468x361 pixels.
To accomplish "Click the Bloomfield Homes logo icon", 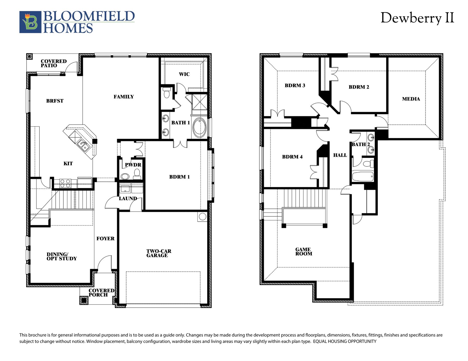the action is [30, 22].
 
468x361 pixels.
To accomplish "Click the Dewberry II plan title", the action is [417, 18].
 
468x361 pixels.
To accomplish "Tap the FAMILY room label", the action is [124, 97].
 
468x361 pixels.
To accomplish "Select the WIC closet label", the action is [184, 74].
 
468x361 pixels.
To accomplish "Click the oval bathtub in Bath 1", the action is [199, 128].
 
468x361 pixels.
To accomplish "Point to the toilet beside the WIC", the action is [167, 93].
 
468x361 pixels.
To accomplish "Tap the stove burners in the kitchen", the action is [65, 183].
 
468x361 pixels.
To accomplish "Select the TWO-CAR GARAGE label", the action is [159, 253].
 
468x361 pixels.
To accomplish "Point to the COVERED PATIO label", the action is [54, 63].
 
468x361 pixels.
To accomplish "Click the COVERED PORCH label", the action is [101, 293].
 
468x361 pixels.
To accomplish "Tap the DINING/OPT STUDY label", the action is [62, 256].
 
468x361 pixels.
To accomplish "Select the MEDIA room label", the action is [411, 99].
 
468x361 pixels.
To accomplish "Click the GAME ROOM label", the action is [304, 251].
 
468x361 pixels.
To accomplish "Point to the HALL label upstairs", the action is [340, 155].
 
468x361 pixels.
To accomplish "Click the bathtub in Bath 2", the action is [363, 176].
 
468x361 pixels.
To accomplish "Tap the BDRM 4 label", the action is [292, 157].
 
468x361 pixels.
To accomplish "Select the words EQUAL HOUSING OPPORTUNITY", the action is [345, 341].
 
